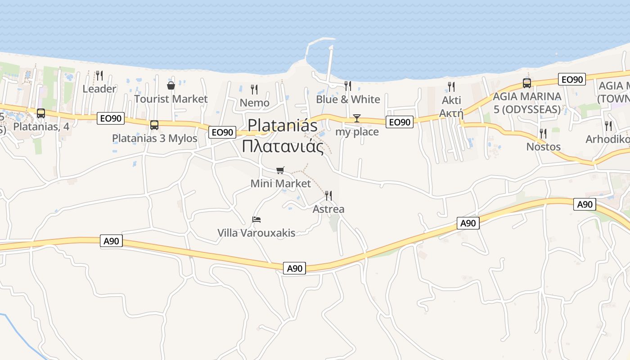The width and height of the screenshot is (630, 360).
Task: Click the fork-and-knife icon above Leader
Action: (99, 75)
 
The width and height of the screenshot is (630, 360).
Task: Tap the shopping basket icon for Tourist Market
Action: (171, 85)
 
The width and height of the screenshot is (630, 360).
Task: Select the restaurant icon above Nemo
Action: (254, 89)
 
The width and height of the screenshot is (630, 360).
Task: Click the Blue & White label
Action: (348, 99)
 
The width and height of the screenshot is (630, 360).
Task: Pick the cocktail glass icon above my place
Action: (357, 118)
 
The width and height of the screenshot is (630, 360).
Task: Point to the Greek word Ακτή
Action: (451, 113)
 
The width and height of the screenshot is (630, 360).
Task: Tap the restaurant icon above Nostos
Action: (543, 133)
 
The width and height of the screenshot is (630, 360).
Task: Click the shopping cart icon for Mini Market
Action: (280, 170)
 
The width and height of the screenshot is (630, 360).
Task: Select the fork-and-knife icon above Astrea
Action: (328, 195)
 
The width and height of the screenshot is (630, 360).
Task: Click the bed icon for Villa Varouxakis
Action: (256, 220)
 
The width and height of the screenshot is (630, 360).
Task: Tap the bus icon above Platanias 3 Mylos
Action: (154, 125)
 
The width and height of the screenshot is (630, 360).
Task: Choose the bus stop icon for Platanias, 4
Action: (41, 113)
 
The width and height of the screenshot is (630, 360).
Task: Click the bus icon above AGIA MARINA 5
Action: (527, 83)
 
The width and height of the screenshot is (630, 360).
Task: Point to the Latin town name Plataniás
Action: (283, 125)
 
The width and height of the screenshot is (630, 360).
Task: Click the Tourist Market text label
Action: (171, 99)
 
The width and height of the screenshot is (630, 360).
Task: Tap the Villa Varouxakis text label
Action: (256, 233)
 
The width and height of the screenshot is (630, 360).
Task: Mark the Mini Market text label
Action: (280, 184)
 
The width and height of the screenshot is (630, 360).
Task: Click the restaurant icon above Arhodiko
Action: (608, 126)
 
